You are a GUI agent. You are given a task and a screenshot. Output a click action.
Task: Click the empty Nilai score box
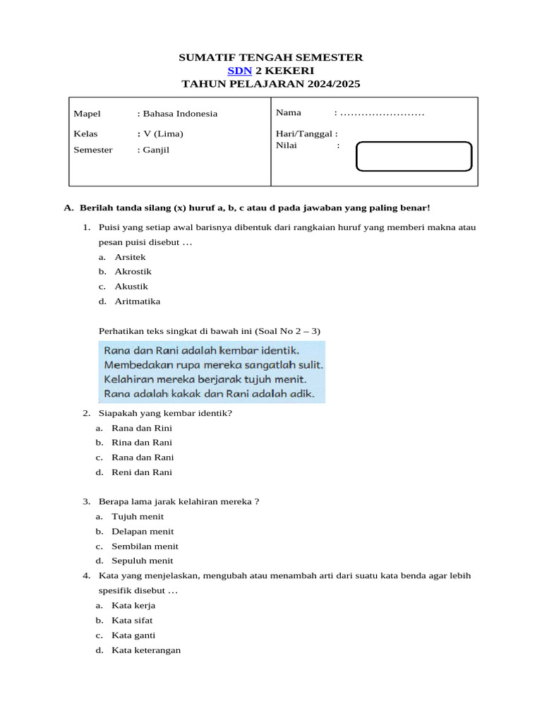click(x=414, y=157)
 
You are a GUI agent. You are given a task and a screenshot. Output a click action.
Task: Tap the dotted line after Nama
click(x=382, y=113)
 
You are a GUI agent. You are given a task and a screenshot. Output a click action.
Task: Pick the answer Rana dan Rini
click(x=141, y=428)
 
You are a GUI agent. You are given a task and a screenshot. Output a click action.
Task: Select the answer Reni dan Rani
click(x=141, y=472)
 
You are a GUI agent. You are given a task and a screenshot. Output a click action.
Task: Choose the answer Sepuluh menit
click(x=142, y=561)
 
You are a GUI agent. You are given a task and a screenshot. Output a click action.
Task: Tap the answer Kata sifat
click(x=132, y=621)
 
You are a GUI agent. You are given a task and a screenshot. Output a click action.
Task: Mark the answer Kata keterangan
click(x=146, y=650)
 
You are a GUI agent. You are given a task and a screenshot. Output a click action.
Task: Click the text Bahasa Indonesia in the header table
click(x=179, y=114)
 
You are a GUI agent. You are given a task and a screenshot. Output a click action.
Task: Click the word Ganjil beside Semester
click(x=156, y=150)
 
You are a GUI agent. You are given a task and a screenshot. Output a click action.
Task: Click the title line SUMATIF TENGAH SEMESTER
click(x=271, y=57)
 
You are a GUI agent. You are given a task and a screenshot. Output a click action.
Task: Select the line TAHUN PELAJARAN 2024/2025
click(x=271, y=84)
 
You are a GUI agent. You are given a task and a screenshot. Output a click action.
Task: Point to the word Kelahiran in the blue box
click(x=129, y=379)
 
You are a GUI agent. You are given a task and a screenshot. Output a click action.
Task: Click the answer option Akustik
click(x=131, y=286)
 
